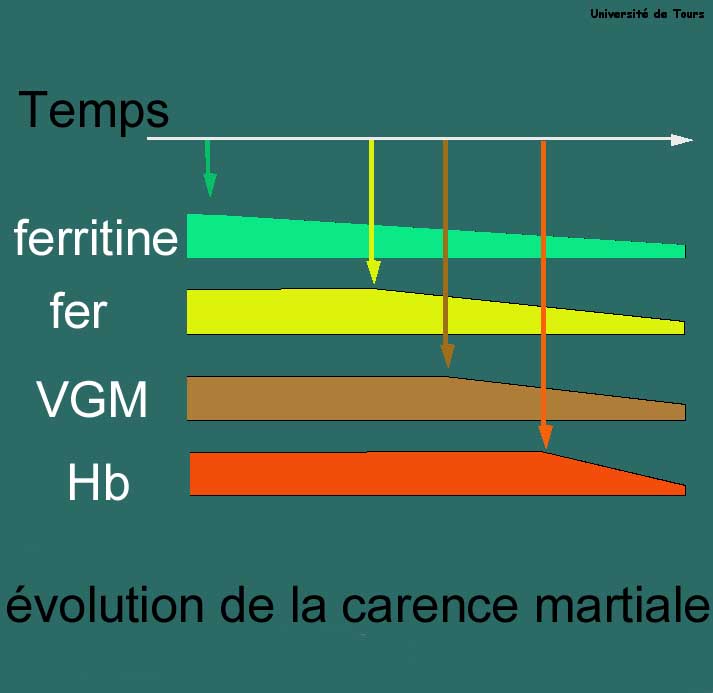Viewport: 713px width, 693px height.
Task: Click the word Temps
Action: pos(94,110)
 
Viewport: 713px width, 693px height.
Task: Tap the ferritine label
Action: pos(96,237)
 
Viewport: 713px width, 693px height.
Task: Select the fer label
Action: pos(78,310)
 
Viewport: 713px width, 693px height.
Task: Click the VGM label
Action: pos(92,399)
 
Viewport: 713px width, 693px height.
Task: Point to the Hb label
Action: pos(99,482)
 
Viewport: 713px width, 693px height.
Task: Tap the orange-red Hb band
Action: pos(437,475)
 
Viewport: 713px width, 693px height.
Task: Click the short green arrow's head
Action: pos(210,185)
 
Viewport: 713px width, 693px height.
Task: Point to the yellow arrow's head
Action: pos(373,272)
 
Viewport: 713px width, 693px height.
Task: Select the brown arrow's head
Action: pos(448,356)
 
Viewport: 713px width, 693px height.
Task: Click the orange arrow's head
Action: pos(546,437)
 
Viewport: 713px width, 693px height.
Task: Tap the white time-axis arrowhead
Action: pos(682,140)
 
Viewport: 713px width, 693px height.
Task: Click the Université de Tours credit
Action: pos(647,14)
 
